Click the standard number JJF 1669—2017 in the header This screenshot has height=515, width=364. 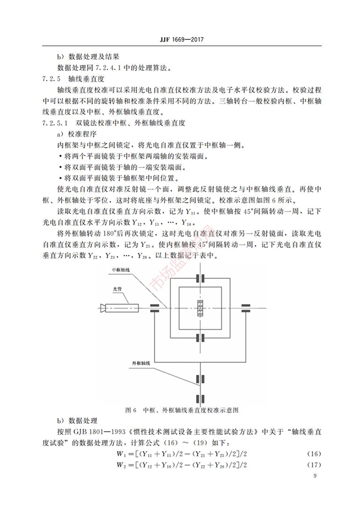click(x=181, y=40)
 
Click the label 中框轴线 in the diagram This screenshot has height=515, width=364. click(x=120, y=270)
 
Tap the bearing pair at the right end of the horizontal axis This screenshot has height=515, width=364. click(x=245, y=307)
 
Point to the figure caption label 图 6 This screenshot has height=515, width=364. click(x=132, y=410)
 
